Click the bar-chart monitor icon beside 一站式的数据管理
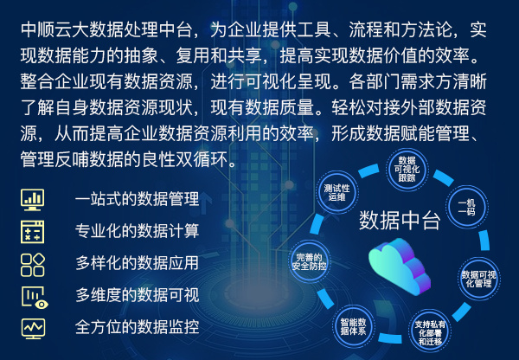32,200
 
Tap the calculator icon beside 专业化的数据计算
32,232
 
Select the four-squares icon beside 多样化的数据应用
33,265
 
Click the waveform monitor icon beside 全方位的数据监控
33,329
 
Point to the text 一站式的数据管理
137,199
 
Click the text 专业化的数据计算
137,231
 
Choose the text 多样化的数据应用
137,263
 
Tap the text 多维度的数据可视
137,295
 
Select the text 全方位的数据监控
137,327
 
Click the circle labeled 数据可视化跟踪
407,170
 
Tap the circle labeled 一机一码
466,207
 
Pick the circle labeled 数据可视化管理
478,280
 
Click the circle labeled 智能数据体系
353,326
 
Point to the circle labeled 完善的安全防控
309,261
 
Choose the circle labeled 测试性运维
336,192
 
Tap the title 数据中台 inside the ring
400,220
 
